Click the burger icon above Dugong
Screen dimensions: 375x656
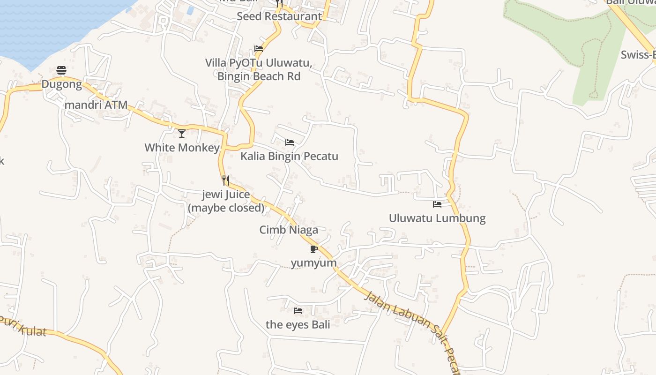point(61,70)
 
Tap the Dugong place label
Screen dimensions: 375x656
point(61,85)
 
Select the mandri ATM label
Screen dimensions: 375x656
point(96,105)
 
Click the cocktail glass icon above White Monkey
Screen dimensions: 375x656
point(182,134)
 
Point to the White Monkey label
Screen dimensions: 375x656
point(182,148)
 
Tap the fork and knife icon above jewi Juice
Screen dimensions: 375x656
point(226,180)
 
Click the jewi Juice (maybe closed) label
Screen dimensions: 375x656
point(226,201)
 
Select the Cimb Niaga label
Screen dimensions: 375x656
point(289,230)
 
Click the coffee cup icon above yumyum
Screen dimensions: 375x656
point(314,249)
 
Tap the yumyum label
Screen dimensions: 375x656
point(313,263)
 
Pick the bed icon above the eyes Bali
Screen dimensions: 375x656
point(298,310)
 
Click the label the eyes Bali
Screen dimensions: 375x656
point(298,324)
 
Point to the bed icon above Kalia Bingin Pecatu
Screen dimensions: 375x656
point(290,142)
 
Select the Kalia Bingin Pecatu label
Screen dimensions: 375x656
point(289,156)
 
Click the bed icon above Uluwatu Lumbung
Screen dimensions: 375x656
point(437,204)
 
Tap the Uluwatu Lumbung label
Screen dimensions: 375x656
point(437,218)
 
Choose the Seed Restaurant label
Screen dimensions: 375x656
point(279,16)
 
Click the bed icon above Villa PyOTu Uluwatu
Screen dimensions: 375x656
point(258,48)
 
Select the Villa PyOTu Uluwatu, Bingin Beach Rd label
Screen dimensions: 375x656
point(259,69)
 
